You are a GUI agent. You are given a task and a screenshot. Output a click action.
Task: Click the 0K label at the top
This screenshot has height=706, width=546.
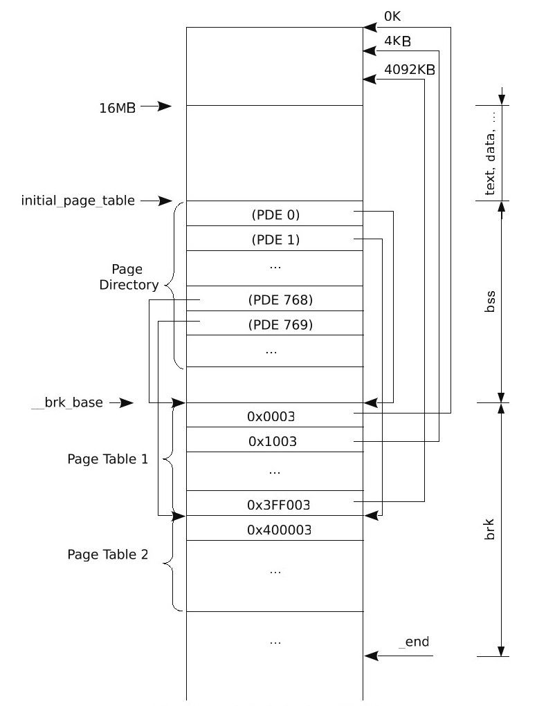click(392, 15)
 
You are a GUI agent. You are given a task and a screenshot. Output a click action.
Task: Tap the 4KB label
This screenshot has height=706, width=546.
click(397, 41)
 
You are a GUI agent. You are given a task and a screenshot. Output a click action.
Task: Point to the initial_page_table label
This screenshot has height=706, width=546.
click(78, 201)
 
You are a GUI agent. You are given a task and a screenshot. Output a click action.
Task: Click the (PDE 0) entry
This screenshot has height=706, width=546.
click(275, 215)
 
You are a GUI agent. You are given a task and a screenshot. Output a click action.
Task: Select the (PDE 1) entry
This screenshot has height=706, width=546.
click(275, 240)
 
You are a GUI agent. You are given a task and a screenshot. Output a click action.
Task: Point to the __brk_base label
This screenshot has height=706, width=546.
click(67, 402)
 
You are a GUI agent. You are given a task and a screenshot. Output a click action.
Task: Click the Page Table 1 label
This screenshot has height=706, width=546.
click(107, 458)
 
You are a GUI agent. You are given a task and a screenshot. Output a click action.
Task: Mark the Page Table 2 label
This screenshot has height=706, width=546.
click(107, 554)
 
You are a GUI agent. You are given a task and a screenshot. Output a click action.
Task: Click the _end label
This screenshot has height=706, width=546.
click(414, 642)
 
